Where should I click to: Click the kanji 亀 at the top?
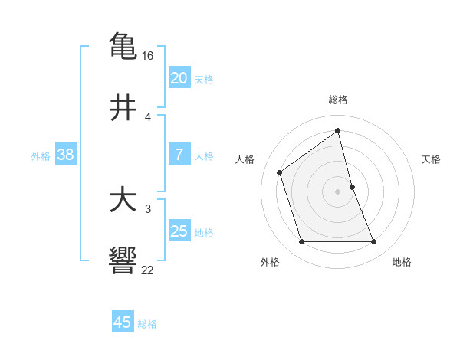[x=123, y=46]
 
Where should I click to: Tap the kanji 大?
[x=123, y=201]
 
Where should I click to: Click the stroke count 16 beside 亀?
[x=148, y=56]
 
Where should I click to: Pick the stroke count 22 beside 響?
[x=148, y=270]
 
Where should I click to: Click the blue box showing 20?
[x=179, y=78]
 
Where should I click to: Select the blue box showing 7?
[x=179, y=155]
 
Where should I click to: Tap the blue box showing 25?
[x=179, y=231]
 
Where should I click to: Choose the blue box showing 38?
[x=65, y=155]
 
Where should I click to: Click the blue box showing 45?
[x=123, y=322]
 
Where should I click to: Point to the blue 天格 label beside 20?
[x=204, y=80]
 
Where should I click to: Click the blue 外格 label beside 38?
[x=41, y=156]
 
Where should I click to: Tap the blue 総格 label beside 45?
[x=147, y=324]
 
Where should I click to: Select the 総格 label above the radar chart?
[x=338, y=100]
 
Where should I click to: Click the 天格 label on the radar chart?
[x=431, y=159]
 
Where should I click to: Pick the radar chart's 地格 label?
[x=402, y=262]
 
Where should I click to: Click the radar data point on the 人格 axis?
[x=280, y=172]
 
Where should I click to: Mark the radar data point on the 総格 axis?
[x=338, y=131]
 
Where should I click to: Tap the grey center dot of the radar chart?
[x=338, y=191]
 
